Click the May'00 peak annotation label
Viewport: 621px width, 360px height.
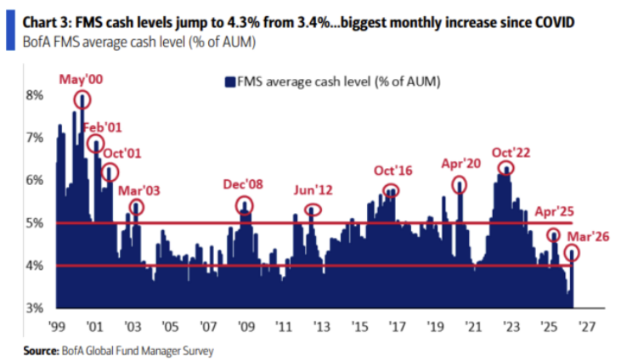[80, 79]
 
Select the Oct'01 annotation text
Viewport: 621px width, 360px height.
[122, 154]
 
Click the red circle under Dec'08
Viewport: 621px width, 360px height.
[245, 205]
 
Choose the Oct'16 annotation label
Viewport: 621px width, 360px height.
[392, 172]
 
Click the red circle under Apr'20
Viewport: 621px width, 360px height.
[460, 185]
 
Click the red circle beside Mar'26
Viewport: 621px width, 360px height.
[573, 252]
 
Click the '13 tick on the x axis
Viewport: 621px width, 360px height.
[322, 325]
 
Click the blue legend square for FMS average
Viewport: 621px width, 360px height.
[229, 82]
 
